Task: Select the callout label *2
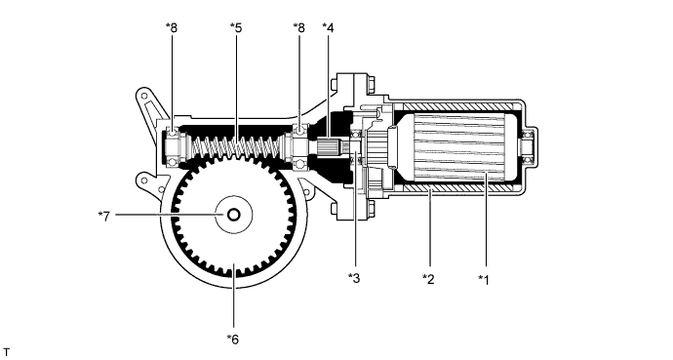coord(427,279)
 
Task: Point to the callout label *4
coord(329,27)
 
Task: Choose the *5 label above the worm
coord(235,27)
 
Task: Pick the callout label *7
coord(101,215)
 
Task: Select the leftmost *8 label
coord(172,27)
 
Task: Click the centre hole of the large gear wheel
coord(235,215)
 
